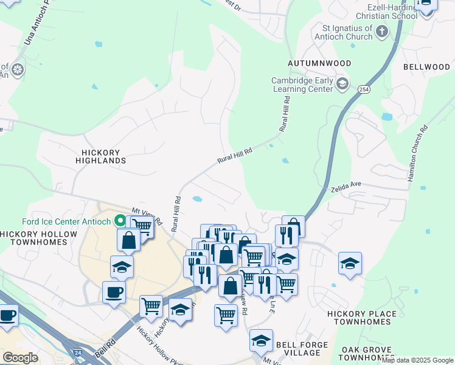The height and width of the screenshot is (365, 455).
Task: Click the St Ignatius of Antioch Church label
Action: (x=347, y=32)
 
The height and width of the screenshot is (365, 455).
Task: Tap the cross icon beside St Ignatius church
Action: (x=382, y=32)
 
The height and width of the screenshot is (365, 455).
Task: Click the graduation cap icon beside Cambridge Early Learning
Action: (x=342, y=84)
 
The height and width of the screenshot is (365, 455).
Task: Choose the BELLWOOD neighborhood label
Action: (x=426, y=66)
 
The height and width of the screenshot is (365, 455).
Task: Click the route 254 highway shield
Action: (x=364, y=89)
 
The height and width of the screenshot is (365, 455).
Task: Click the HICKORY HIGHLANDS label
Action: (x=100, y=156)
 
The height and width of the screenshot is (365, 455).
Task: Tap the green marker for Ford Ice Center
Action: (x=120, y=221)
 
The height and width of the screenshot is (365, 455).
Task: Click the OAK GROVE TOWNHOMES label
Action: (x=368, y=353)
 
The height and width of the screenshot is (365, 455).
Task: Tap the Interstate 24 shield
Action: (x=77, y=352)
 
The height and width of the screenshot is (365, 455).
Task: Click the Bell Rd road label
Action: (x=103, y=350)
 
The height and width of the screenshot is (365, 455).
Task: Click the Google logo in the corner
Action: (x=20, y=357)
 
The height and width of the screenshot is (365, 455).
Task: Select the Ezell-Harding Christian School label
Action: (x=387, y=12)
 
